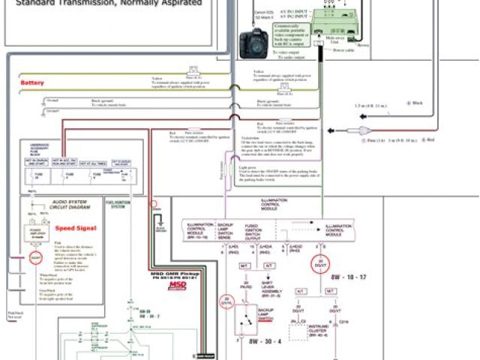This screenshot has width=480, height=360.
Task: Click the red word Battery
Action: coord(32,82)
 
